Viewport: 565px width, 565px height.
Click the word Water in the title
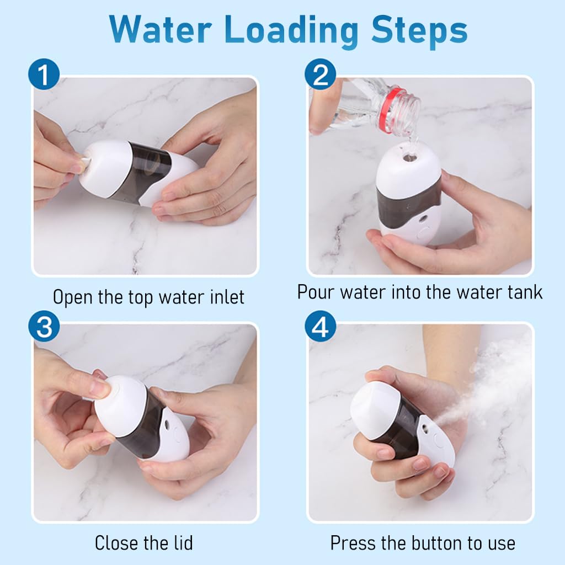tap(161, 30)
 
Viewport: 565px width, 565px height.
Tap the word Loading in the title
tap(291, 31)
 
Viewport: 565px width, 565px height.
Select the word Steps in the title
tap(419, 31)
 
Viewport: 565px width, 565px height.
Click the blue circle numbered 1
tap(44, 74)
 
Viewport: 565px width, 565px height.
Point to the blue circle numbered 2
tap(321, 74)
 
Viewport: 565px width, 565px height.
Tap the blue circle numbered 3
tap(44, 326)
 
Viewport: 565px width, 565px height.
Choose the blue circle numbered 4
tap(321, 326)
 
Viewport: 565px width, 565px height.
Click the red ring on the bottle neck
tap(389, 110)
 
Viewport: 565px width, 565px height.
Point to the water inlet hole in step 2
tap(409, 157)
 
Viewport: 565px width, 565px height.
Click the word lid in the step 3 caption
tap(183, 543)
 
